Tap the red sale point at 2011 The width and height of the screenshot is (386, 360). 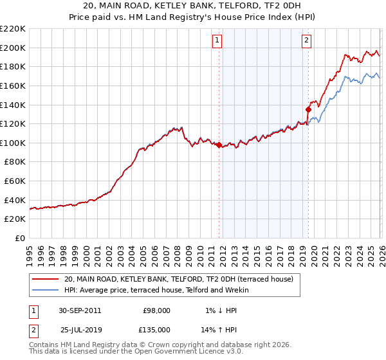pyautogui.click(x=219, y=145)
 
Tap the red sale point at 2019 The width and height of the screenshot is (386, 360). pyautogui.click(x=308, y=109)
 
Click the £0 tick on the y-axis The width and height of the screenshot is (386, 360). pyautogui.click(x=19, y=239)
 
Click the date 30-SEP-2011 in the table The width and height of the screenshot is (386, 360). pyautogui.click(x=79, y=310)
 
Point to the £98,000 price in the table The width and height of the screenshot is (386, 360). pyautogui.click(x=156, y=310)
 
